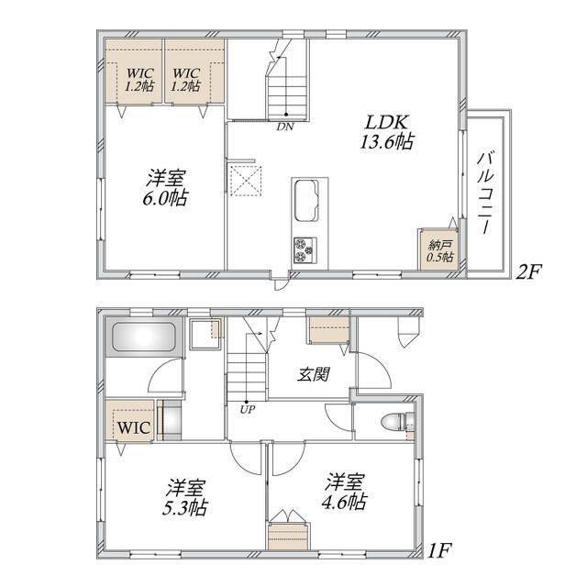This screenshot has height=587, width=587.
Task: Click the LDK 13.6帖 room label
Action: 387,132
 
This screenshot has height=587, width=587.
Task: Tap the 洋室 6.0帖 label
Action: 165,188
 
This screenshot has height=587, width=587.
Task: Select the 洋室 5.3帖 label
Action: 185,497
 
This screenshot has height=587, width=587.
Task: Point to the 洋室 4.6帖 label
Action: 344,492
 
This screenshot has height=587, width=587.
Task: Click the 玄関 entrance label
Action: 314,374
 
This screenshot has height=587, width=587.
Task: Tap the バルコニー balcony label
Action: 485,193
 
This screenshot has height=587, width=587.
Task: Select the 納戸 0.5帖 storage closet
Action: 439,249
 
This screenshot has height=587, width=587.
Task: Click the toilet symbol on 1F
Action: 397,422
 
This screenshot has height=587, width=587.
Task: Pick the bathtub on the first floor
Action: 144,337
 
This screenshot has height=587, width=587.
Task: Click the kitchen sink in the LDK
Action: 306,201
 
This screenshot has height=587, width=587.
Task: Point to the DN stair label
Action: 284,127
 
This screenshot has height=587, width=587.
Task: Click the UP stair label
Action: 248,410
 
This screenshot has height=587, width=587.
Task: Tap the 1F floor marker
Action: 439,550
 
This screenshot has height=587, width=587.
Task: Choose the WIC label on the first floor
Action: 134,427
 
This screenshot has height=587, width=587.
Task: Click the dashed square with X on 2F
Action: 246,181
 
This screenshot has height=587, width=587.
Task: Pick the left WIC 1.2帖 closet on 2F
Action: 133,72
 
